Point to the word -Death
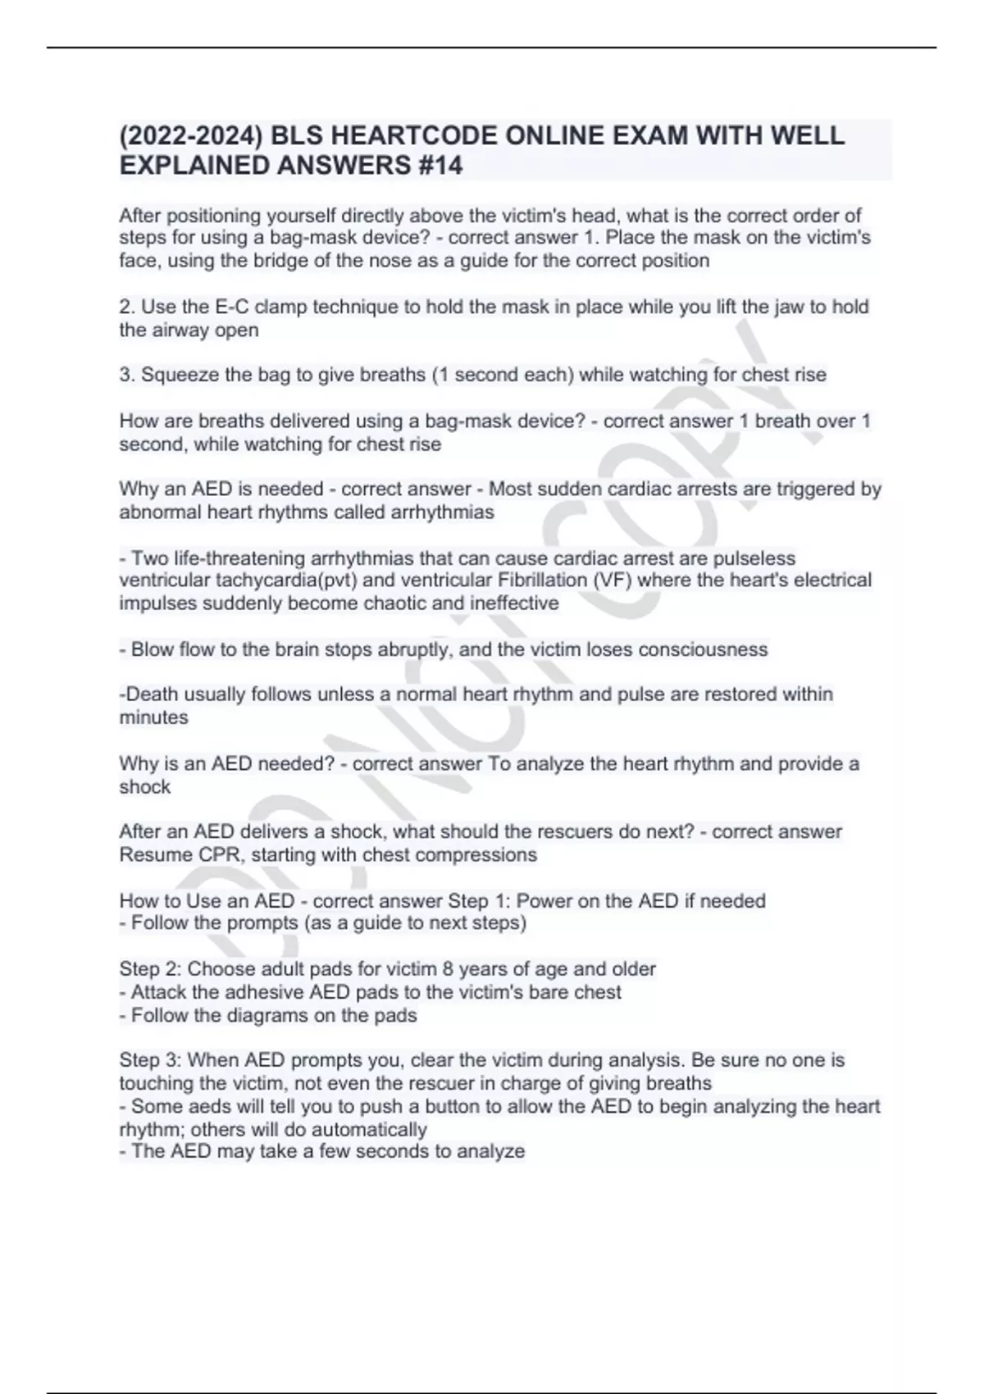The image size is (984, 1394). click(x=149, y=695)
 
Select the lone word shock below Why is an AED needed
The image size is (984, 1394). click(x=145, y=787)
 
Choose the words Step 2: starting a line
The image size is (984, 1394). click(x=150, y=969)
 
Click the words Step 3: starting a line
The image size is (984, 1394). click(x=150, y=1060)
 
